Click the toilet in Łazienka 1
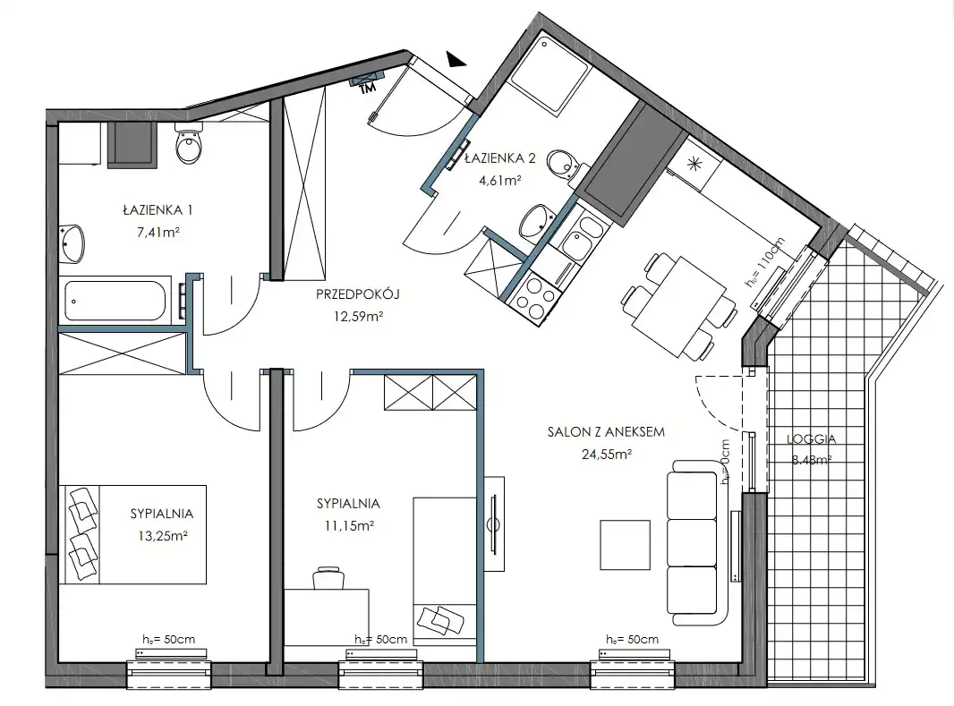click(x=189, y=143)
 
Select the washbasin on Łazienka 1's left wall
click(x=72, y=243)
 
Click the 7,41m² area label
click(x=158, y=232)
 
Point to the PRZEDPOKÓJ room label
click(x=358, y=294)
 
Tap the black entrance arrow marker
click(x=455, y=59)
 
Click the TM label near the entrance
click(x=367, y=89)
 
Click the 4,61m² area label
click(x=500, y=180)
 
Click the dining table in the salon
click(x=679, y=307)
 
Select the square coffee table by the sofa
click(x=625, y=545)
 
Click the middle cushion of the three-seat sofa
click(x=692, y=542)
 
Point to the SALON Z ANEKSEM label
click(x=606, y=432)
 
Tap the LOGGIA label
click(x=811, y=438)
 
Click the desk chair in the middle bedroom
click(x=328, y=578)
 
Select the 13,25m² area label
click(x=163, y=536)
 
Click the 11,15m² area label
click(x=349, y=525)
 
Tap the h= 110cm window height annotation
click(x=765, y=261)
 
